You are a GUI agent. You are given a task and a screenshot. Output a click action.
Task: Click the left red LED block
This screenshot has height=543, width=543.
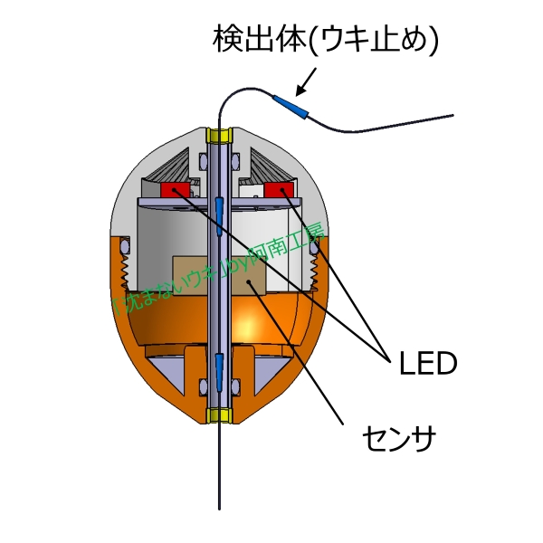point(175,189)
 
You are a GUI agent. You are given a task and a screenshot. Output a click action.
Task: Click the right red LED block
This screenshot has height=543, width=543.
point(276,189)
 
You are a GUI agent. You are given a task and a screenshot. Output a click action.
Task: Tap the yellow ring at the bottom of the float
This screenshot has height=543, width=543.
point(219,415)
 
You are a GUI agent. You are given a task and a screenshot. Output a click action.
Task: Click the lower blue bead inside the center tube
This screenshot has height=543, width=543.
point(219,367)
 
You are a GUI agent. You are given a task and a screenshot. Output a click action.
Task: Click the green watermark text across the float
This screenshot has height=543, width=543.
point(217,271)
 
